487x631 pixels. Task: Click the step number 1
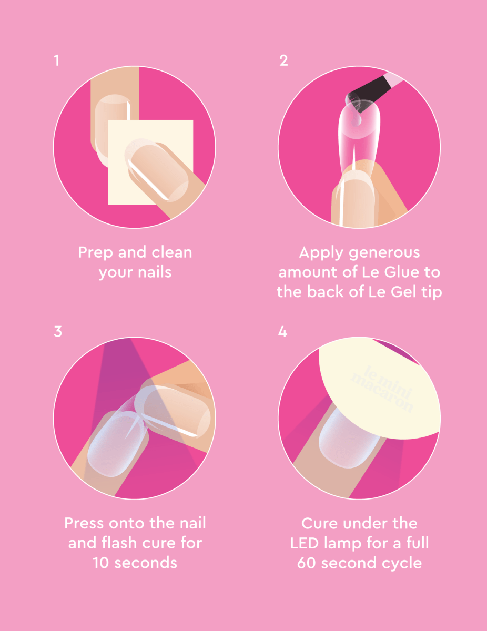click(x=57, y=61)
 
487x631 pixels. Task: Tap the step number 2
click(x=283, y=61)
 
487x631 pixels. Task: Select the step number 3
click(x=58, y=332)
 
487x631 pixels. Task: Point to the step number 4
click(x=283, y=332)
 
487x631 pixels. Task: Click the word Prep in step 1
click(x=96, y=253)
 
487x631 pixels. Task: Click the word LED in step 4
click(x=305, y=543)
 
